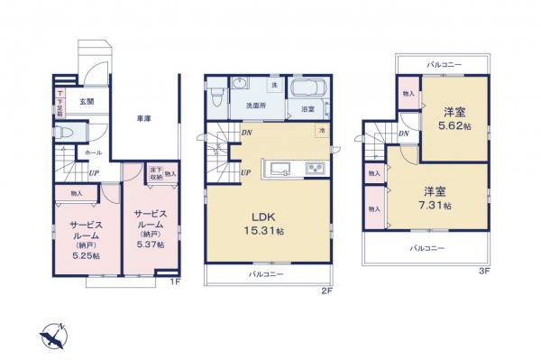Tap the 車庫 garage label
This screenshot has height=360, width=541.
142,118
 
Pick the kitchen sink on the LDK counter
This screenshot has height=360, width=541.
277,168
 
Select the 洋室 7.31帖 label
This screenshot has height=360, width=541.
437,198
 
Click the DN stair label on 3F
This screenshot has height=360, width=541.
405,134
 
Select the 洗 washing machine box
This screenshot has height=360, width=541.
274,85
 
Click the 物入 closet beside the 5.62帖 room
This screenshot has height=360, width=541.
408,93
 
